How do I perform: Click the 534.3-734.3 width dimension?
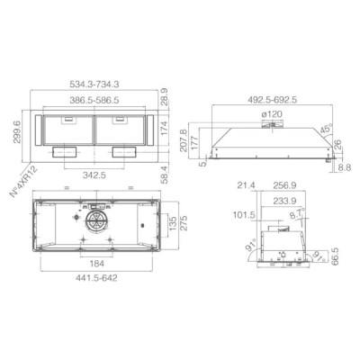coord(94,85)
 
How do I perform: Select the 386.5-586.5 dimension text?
coord(94,100)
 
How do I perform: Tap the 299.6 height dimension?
coord(16,132)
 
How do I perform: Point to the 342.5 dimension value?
coord(94,175)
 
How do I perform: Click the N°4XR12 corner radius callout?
coord(24,182)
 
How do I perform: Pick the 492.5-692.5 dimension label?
coord(273,100)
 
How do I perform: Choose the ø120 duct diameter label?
coord(272,114)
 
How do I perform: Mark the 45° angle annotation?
coord(326,129)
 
